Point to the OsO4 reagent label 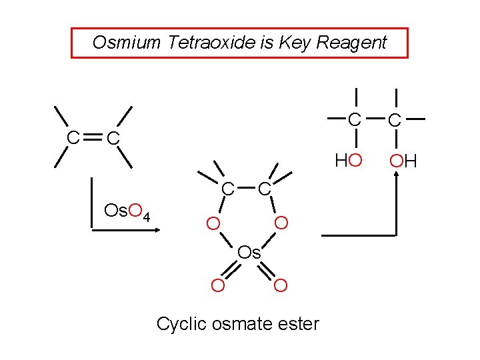click(129, 212)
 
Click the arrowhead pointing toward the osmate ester click(159, 231)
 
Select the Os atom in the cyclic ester click(249, 253)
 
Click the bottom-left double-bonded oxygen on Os click(217, 286)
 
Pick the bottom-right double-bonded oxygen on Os click(281, 286)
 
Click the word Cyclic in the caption click(177, 325)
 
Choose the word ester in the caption click(299, 325)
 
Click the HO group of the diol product click(348, 161)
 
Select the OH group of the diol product click(403, 161)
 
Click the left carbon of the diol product click(356, 120)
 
